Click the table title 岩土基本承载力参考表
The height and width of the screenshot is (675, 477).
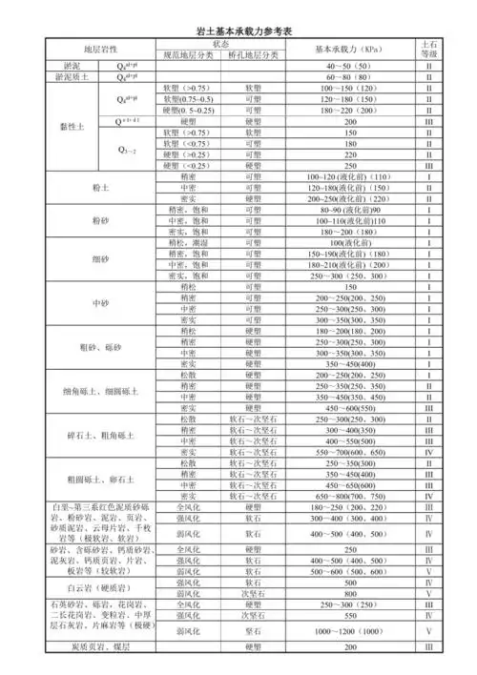(x=238, y=31)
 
